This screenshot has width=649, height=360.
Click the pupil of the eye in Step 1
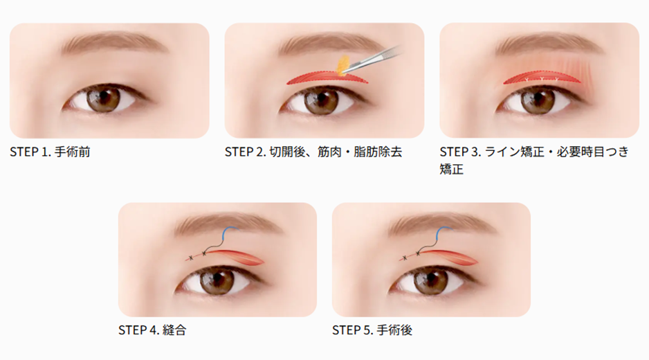(103, 98)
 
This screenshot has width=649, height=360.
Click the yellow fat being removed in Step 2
(342, 66)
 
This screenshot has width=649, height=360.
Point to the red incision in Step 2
(327, 78)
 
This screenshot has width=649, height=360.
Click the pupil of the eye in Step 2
(321, 99)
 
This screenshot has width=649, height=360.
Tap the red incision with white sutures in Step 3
(542, 78)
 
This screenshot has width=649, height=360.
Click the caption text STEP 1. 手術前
(50, 152)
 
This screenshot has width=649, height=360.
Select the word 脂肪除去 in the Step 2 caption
(378, 152)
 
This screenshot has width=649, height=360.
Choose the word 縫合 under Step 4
(174, 330)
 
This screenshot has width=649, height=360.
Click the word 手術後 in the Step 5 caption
(394, 330)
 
